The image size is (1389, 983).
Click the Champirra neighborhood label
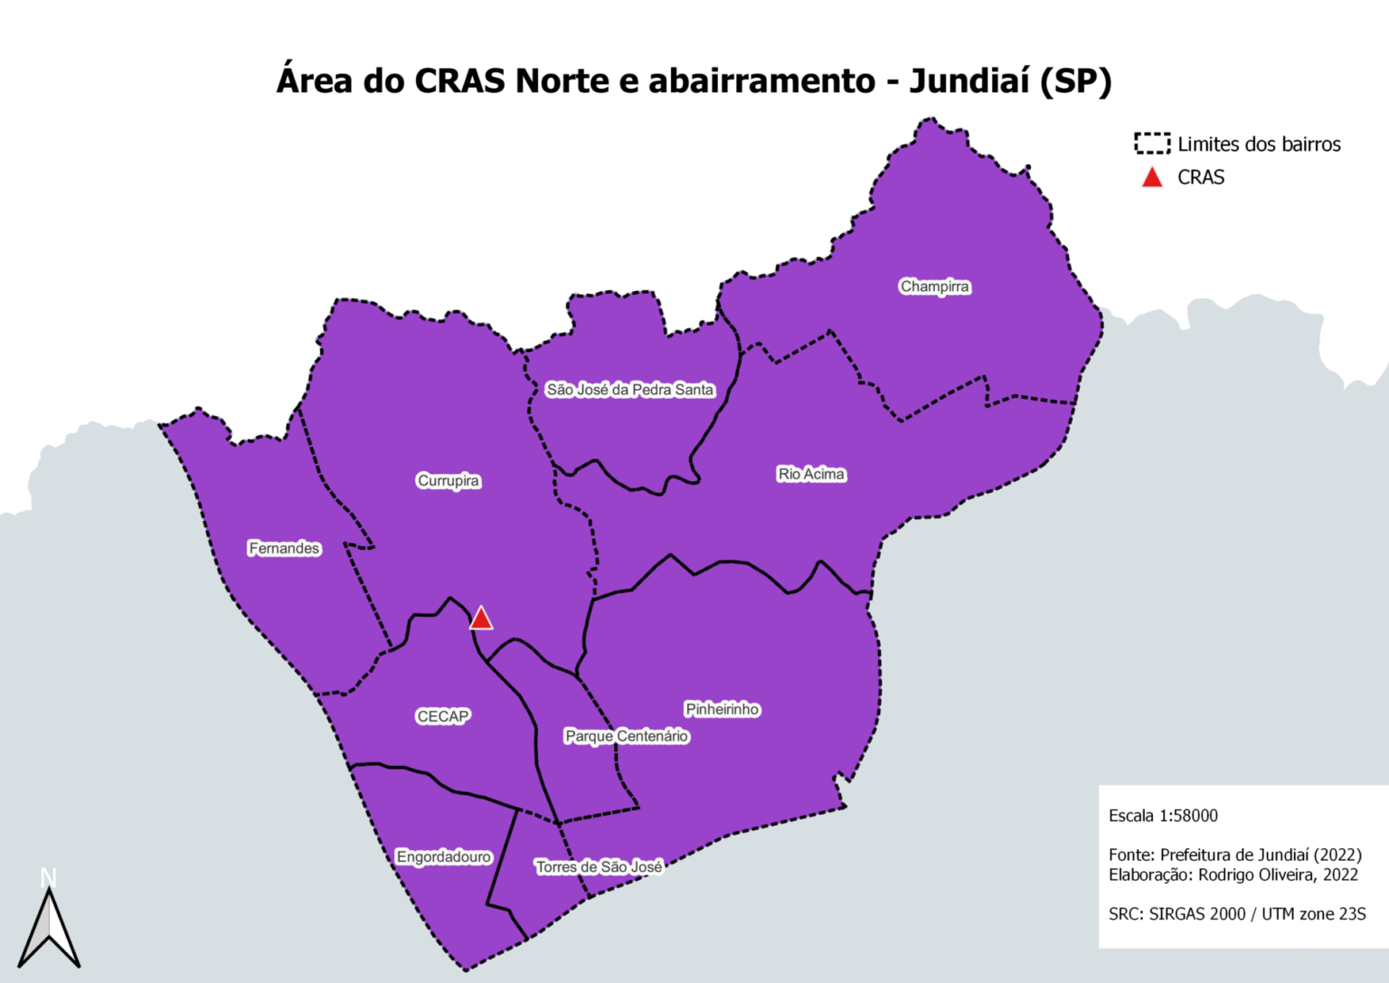(x=934, y=287)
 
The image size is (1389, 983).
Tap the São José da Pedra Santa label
(x=629, y=390)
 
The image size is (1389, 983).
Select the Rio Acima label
(x=811, y=474)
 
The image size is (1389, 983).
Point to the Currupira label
(x=448, y=480)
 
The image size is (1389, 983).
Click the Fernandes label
(x=284, y=548)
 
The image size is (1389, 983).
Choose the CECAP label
(x=442, y=716)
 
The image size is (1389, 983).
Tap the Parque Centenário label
(x=627, y=736)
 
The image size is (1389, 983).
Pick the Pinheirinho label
(x=722, y=709)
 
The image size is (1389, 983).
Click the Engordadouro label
(x=443, y=856)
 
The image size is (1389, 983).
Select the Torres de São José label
(x=599, y=867)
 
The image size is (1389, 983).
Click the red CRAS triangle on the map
(x=481, y=619)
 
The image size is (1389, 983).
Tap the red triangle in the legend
(x=1152, y=178)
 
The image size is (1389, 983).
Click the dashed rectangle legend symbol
(x=1152, y=144)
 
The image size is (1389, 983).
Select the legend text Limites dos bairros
(x=1259, y=145)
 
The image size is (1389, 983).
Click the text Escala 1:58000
(x=1163, y=816)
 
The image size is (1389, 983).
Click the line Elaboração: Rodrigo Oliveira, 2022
(x=1233, y=874)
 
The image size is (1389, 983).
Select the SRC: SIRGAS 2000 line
(x=1237, y=914)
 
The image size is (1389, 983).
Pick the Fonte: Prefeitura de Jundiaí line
(x=1235, y=855)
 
